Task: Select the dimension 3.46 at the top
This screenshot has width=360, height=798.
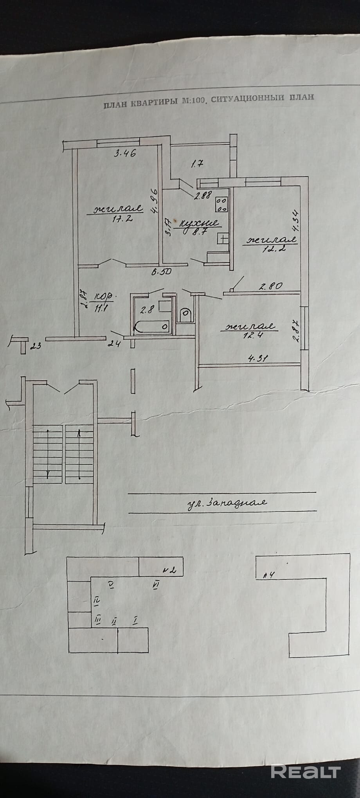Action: tap(125, 153)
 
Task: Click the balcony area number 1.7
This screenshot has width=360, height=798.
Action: tap(197, 164)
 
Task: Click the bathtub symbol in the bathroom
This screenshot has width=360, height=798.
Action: tap(152, 325)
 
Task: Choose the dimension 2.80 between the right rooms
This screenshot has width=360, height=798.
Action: tap(270, 286)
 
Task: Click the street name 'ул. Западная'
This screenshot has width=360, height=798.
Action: tap(227, 502)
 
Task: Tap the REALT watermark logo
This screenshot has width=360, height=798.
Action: tap(306, 771)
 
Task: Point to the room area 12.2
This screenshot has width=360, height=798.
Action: tap(270, 248)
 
